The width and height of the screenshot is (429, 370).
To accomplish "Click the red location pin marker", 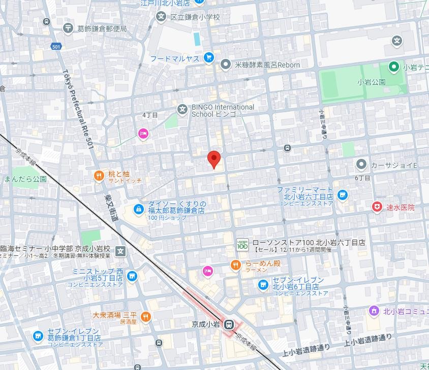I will [x=214, y=159].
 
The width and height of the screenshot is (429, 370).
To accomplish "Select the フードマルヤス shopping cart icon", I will [x=208, y=58].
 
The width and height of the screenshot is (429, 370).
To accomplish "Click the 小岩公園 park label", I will [x=371, y=82].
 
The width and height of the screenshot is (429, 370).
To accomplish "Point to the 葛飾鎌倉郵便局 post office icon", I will [x=69, y=28].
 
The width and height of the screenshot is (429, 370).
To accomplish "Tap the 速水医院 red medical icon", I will [x=377, y=207].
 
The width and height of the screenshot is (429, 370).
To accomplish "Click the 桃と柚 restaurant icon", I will [x=99, y=176].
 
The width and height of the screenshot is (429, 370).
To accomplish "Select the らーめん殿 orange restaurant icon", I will [x=235, y=264].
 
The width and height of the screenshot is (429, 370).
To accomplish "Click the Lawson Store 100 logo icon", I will [x=242, y=245].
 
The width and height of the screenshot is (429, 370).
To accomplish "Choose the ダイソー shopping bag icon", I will [x=138, y=209].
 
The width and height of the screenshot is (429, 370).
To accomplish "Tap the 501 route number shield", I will [x=55, y=47].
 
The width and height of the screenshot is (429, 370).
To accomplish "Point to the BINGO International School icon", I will [x=182, y=110].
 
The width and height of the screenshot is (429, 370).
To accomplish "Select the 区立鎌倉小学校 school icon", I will [x=161, y=17].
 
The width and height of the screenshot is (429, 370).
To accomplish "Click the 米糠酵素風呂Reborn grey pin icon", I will [x=225, y=64].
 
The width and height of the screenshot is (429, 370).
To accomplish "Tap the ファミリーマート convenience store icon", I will [x=342, y=195].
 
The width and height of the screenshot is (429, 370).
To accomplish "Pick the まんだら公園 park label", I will [x=25, y=179].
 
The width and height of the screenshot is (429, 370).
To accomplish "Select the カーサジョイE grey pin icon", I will [x=361, y=164].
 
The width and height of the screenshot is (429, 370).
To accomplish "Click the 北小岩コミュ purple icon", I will [x=374, y=310].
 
